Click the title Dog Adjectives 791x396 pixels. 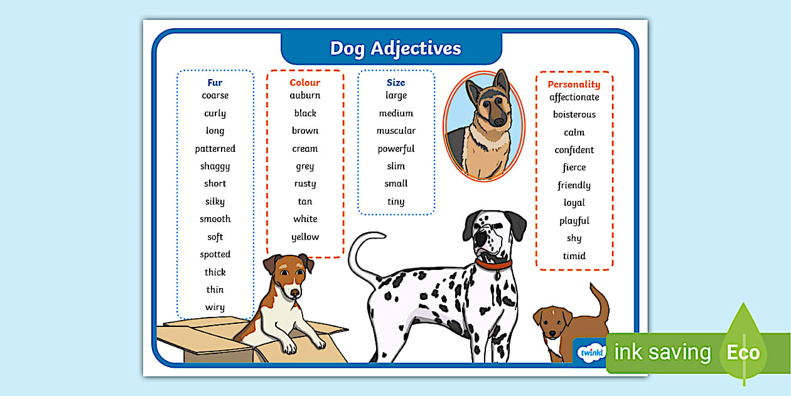click(395, 48)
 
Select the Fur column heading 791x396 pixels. click(215, 82)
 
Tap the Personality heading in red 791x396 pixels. click(574, 84)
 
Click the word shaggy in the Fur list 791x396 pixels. click(215, 166)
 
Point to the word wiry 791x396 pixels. click(215, 307)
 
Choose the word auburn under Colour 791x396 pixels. click(305, 95)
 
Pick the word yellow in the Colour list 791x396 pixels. click(305, 237)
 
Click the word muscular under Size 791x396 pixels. click(395, 131)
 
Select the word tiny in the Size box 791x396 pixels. click(395, 201)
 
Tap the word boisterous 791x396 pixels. click(574, 114)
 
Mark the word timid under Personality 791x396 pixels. click(574, 255)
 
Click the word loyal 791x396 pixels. click(574, 203)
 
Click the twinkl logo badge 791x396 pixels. click(589, 352)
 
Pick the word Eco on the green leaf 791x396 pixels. click(743, 352)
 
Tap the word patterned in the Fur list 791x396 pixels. click(215, 149)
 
